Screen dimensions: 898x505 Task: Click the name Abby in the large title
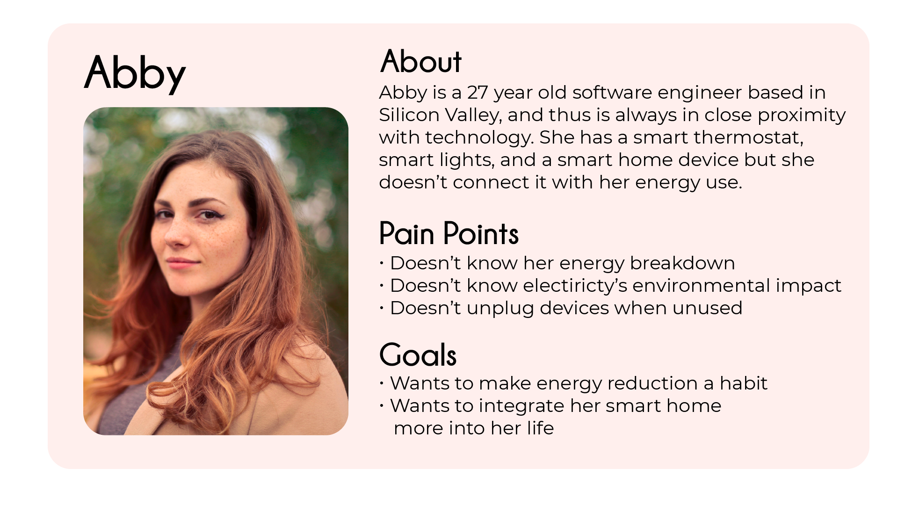[135, 73]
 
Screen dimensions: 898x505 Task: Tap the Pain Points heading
[449, 233]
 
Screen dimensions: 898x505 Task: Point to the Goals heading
[418, 354]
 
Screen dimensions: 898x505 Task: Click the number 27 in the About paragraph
[478, 93]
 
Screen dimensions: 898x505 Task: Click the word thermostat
[749, 137]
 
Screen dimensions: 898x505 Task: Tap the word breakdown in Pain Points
[682, 263]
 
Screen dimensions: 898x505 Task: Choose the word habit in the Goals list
[744, 383]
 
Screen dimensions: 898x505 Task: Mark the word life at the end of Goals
[541, 428]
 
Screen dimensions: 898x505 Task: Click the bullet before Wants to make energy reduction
[382, 383]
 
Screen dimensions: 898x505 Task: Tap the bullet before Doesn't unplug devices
[382, 308]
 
